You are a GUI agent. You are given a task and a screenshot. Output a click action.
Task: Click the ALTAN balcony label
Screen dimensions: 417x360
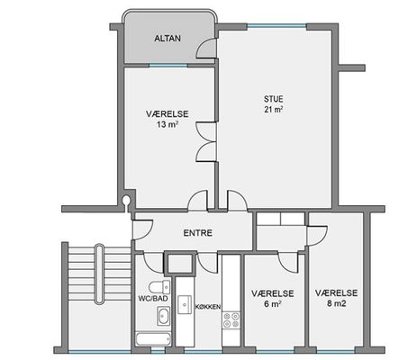(168, 39)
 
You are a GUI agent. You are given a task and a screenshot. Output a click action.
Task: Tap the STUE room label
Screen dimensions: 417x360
(274, 99)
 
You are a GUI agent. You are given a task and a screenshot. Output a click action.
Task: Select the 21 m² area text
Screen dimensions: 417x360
(274, 110)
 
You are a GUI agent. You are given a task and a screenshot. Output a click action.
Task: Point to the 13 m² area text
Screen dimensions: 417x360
(168, 124)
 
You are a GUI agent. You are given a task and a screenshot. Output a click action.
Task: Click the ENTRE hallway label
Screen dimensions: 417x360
(198, 233)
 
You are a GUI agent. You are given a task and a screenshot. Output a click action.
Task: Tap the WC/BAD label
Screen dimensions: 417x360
(153, 299)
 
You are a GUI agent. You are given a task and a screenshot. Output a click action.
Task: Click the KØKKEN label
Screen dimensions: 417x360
(208, 307)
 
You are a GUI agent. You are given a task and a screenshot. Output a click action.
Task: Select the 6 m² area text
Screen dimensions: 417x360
(273, 304)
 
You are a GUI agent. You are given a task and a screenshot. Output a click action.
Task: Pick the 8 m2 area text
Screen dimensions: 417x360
(337, 303)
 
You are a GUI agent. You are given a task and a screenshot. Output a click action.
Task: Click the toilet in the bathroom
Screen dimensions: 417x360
(159, 287)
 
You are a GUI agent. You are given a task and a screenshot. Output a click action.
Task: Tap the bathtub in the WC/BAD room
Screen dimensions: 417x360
(153, 339)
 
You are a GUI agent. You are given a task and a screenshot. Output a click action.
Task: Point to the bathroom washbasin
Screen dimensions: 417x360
(164, 316)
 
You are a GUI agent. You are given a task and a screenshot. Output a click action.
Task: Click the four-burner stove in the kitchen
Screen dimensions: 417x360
(231, 320)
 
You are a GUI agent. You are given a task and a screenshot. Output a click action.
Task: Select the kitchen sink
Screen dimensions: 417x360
(185, 304)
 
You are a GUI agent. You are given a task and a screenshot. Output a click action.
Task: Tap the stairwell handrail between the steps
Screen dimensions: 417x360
(100, 274)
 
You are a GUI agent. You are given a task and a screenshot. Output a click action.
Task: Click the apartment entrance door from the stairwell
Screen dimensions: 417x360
(143, 229)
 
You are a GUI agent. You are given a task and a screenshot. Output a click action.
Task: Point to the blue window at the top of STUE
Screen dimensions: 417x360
(277, 26)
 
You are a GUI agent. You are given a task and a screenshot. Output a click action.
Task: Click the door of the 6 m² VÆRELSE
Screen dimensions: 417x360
(288, 263)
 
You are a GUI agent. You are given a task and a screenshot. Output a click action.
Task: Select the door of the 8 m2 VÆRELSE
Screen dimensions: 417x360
(316, 236)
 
